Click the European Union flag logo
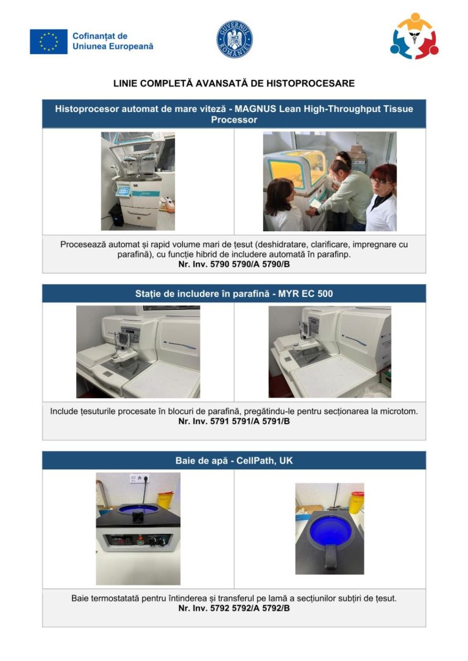pyautogui.click(x=49, y=41)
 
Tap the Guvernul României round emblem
pyautogui.click(x=235, y=39)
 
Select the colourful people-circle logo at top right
pyautogui.click(x=414, y=36)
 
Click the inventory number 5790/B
pyautogui.click(x=276, y=264)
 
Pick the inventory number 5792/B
pyautogui.click(x=276, y=608)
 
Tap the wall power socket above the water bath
pyautogui.click(x=140, y=478)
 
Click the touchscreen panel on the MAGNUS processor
pyautogui.click(x=123, y=191)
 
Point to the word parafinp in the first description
pyautogui.click(x=335, y=254)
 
